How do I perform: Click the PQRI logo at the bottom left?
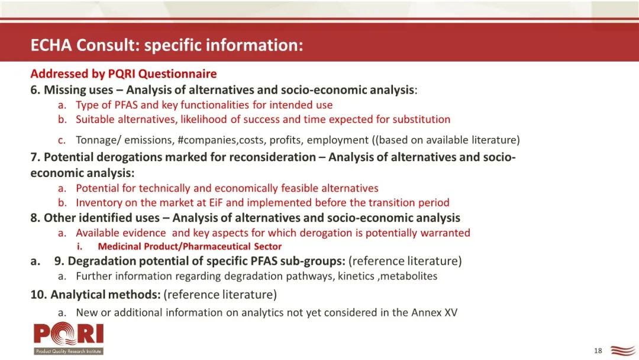69,338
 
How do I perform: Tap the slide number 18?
598,351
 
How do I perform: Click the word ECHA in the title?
51,45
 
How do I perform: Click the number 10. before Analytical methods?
38,294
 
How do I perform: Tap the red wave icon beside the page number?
622,351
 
